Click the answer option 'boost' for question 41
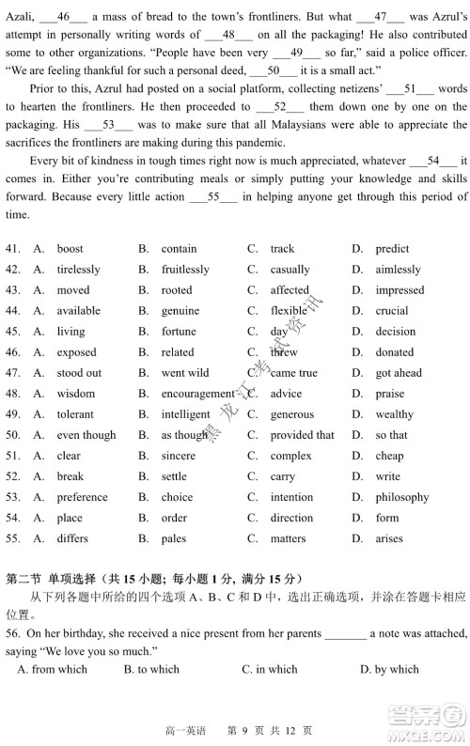(x=70, y=249)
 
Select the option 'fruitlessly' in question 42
(x=185, y=270)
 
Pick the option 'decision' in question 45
(x=395, y=332)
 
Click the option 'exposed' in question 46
(x=76, y=352)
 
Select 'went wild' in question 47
(x=184, y=373)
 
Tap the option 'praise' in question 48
(x=390, y=394)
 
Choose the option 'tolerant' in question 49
(x=74, y=414)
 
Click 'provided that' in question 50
(x=302, y=435)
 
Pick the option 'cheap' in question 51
(x=389, y=456)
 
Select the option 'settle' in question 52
(x=174, y=476)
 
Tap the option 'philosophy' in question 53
(x=402, y=497)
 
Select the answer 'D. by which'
(x=389, y=669)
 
